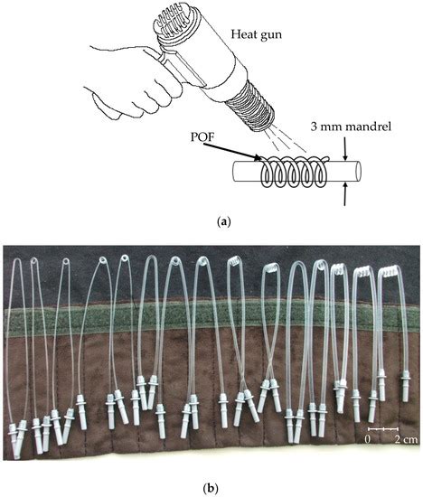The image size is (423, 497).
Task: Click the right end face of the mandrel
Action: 358,168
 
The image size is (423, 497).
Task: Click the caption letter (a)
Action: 211,220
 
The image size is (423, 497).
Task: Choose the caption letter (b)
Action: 211,488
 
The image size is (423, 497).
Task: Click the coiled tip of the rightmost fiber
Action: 390,269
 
